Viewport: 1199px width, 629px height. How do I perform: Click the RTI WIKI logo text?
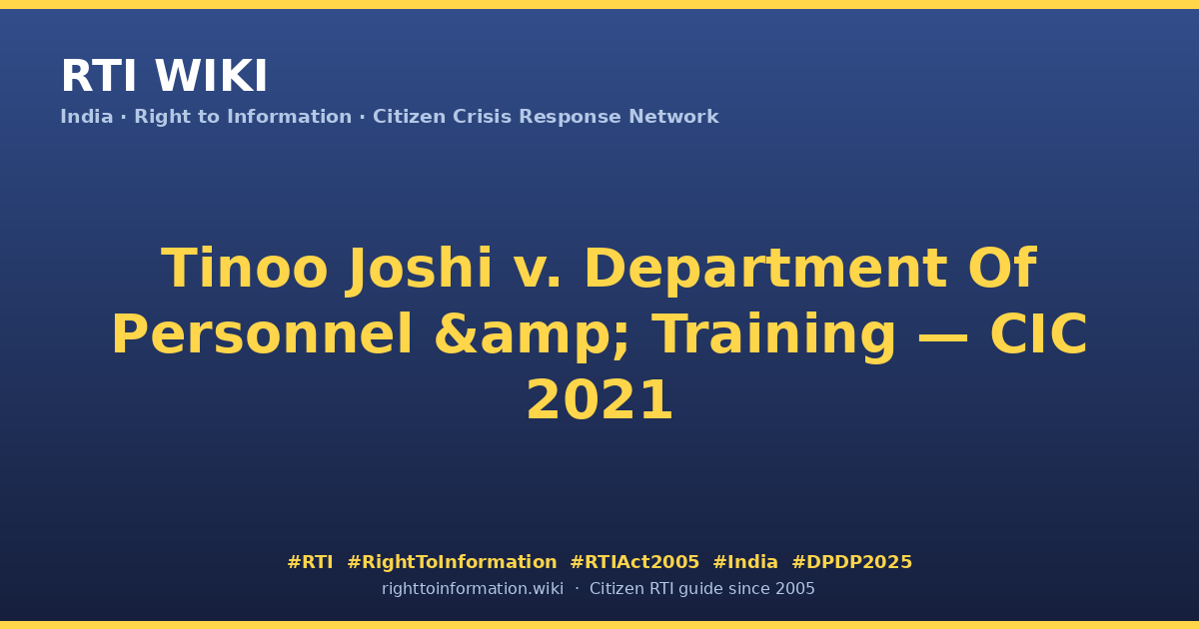coord(164,76)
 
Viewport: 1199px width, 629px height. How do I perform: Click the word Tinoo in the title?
coord(244,268)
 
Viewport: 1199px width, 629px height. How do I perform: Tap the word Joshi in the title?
coord(420,269)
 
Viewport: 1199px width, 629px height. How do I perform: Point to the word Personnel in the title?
coord(262,334)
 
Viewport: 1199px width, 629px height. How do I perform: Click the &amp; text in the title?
coord(532,335)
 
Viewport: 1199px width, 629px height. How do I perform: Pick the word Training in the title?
coord(776,335)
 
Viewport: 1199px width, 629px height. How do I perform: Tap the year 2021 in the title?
coord(599,399)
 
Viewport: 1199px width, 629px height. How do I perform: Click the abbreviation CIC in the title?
coord(1038,334)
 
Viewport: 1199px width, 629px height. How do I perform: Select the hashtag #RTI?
coord(310,562)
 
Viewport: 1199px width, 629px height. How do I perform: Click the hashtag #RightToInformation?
coord(452,562)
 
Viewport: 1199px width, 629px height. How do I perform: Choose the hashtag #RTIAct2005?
coord(634,562)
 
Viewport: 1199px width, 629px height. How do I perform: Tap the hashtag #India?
coord(745,562)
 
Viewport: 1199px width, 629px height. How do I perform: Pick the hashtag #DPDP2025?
coord(851,562)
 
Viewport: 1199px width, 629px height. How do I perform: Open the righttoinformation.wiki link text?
coord(472,589)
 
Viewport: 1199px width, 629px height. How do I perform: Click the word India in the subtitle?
coord(87,117)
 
